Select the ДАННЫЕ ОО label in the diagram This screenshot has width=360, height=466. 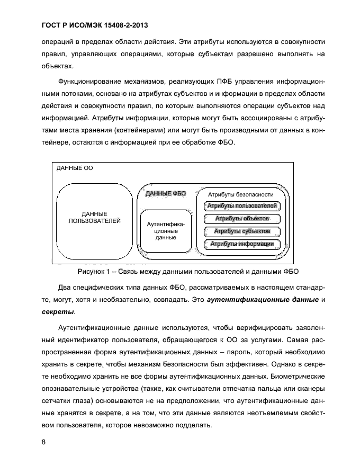point(75,168)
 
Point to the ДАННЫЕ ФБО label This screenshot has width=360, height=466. point(166,194)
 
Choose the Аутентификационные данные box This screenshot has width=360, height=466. point(166,231)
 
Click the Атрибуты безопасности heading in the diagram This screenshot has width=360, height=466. point(240,194)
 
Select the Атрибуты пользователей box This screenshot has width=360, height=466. point(241,206)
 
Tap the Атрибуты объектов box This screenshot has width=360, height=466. point(241,219)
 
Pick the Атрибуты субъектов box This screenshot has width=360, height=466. point(241,231)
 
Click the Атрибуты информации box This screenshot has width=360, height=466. point(241,244)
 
